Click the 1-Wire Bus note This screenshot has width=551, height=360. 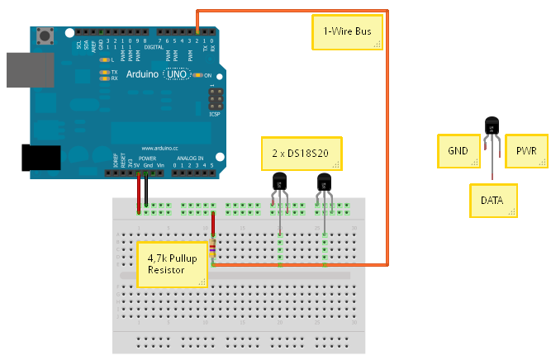pos(348,34)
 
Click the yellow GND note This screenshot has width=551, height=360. pos(459,152)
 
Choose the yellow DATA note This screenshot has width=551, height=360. pos(493,201)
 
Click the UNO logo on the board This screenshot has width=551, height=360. pos(177,74)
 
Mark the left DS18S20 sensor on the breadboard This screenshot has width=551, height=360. pos(279,181)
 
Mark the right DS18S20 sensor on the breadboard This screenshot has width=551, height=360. pos(324,181)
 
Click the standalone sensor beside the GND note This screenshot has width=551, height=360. pos(492,126)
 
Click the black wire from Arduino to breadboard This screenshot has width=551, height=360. pos(146,189)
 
